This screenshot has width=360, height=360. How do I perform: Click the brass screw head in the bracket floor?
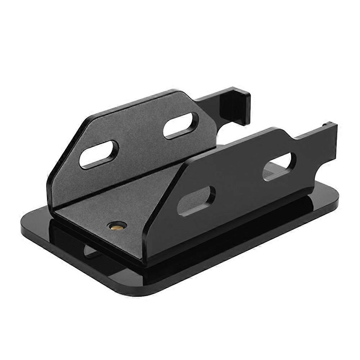(116, 226)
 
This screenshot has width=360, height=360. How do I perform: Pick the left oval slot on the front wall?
(197, 199)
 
